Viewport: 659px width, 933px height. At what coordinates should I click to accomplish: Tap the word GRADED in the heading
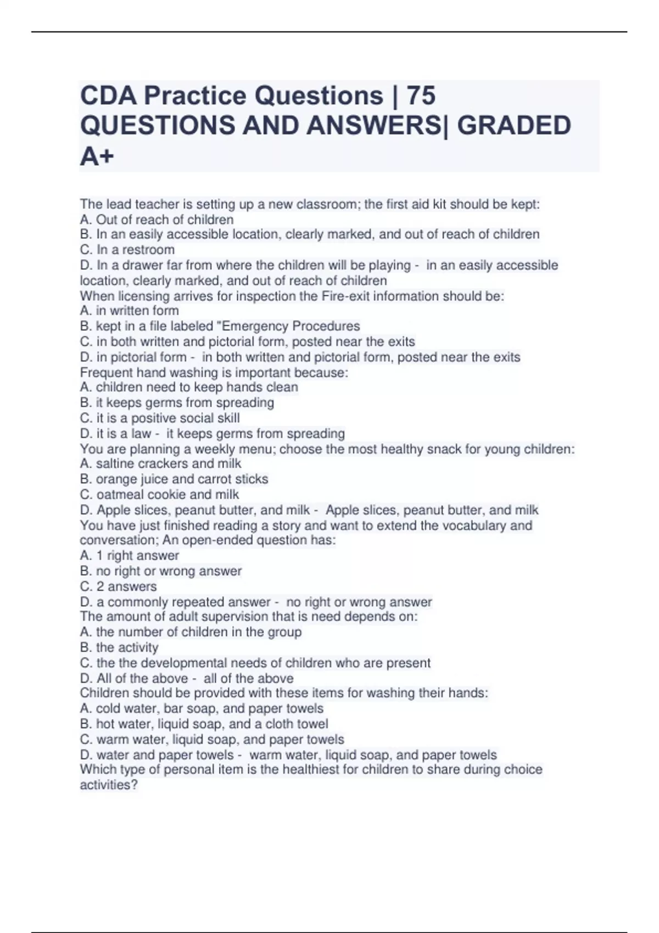click(513, 126)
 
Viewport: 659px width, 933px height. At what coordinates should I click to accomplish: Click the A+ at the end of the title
click(97, 156)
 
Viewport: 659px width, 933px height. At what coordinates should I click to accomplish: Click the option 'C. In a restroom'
click(127, 250)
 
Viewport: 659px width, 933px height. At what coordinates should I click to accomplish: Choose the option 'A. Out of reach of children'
click(157, 220)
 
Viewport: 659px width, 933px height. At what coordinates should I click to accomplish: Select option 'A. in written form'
click(129, 311)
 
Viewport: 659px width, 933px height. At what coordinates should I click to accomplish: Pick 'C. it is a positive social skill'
click(160, 418)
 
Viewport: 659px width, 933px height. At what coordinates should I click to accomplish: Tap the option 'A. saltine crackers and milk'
click(160, 463)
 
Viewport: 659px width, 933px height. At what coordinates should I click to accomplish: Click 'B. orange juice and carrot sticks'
click(174, 479)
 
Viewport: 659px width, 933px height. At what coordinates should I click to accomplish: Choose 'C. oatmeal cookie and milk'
click(159, 494)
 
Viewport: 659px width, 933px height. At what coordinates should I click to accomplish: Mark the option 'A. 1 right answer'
click(130, 555)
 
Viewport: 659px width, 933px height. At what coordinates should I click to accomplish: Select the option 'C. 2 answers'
click(118, 586)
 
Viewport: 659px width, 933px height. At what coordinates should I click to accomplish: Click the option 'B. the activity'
click(119, 647)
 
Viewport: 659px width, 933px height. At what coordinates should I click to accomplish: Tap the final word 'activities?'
click(109, 785)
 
